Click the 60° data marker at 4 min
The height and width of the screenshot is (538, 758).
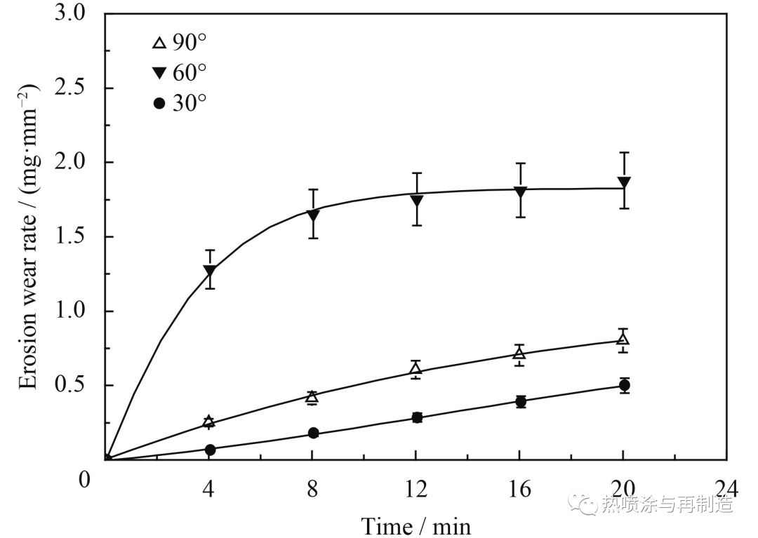point(209,270)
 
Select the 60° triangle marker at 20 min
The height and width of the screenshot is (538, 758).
point(623,183)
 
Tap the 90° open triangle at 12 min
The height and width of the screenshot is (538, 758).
point(415,369)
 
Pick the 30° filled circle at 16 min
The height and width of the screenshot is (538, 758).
point(520,402)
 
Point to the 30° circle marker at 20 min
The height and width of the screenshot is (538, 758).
point(623,385)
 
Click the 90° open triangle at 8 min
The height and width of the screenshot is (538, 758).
point(312,397)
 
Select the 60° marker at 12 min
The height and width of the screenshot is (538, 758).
point(416,201)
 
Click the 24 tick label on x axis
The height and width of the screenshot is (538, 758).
point(726,486)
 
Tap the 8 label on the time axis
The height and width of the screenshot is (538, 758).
point(312,486)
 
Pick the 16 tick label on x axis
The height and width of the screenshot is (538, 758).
point(520,486)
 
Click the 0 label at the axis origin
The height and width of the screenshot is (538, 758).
point(85,481)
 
